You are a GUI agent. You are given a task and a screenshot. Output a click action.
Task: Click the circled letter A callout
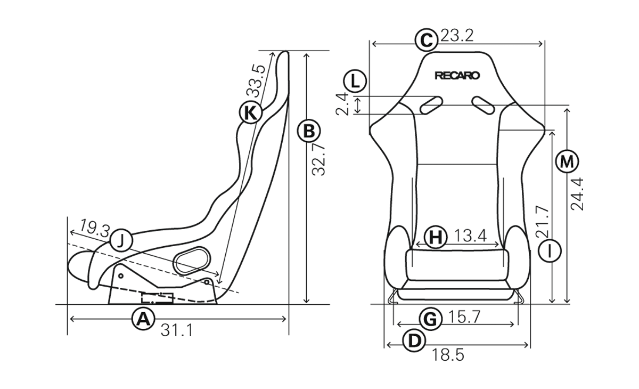pos(143,319)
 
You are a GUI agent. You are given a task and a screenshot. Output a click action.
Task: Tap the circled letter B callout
pos(309,131)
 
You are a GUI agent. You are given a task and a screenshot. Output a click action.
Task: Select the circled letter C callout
pos(426,40)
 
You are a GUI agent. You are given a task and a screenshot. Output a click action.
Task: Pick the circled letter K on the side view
pos(250,112)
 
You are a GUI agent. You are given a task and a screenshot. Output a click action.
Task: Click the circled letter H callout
pos(436,237)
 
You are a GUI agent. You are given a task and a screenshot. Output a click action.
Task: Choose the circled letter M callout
pos(567,161)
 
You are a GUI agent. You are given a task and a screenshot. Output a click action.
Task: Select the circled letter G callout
pos(430,319)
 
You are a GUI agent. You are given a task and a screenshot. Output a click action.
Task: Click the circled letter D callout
pos(414,341)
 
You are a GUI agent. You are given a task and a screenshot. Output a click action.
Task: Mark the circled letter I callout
pos(550,251)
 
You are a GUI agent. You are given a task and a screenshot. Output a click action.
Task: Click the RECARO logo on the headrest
pos(457,76)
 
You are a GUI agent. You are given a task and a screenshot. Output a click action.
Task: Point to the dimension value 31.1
pos(177,330)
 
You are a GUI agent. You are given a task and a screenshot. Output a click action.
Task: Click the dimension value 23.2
pos(457,36)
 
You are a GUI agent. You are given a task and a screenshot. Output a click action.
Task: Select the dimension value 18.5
pos(448,355)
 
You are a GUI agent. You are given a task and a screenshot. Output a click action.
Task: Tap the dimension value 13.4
pos(470,236)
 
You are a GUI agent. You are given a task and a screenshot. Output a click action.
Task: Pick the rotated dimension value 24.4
pos(577,194)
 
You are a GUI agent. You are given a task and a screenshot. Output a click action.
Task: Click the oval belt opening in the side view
pos(192,260)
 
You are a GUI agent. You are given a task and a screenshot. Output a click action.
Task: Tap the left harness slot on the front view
pos(431,105)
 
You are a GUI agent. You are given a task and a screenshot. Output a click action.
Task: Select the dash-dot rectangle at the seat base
pos(158,298)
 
